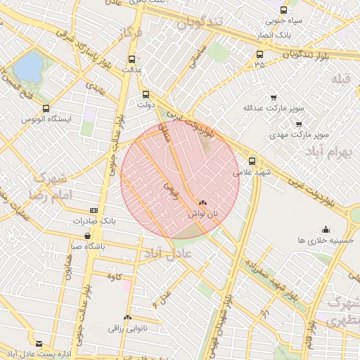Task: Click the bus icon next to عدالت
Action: click(x=133, y=59)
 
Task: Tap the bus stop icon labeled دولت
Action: click(x=146, y=94)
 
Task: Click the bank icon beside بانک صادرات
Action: click(x=94, y=211)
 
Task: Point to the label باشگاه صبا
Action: click(x=87, y=246)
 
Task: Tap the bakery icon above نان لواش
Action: click(x=203, y=201)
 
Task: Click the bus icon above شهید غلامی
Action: click(x=252, y=160)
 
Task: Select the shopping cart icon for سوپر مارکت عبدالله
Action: click(x=274, y=98)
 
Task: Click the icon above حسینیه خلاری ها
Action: click(x=325, y=229)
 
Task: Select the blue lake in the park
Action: click(x=28, y=67)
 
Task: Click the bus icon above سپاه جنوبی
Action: click(x=283, y=10)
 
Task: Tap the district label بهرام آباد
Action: click(x=333, y=153)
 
